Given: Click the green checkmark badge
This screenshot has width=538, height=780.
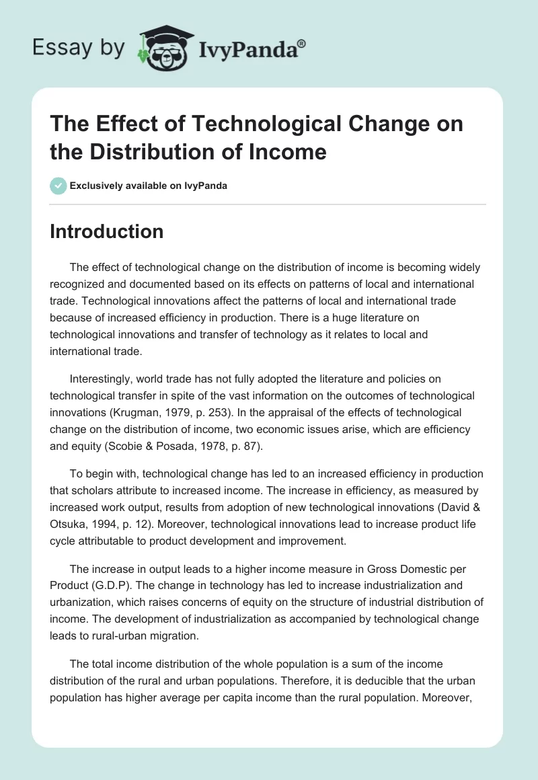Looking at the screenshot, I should [x=59, y=186].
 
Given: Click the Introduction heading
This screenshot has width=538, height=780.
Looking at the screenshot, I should [x=106, y=231].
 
